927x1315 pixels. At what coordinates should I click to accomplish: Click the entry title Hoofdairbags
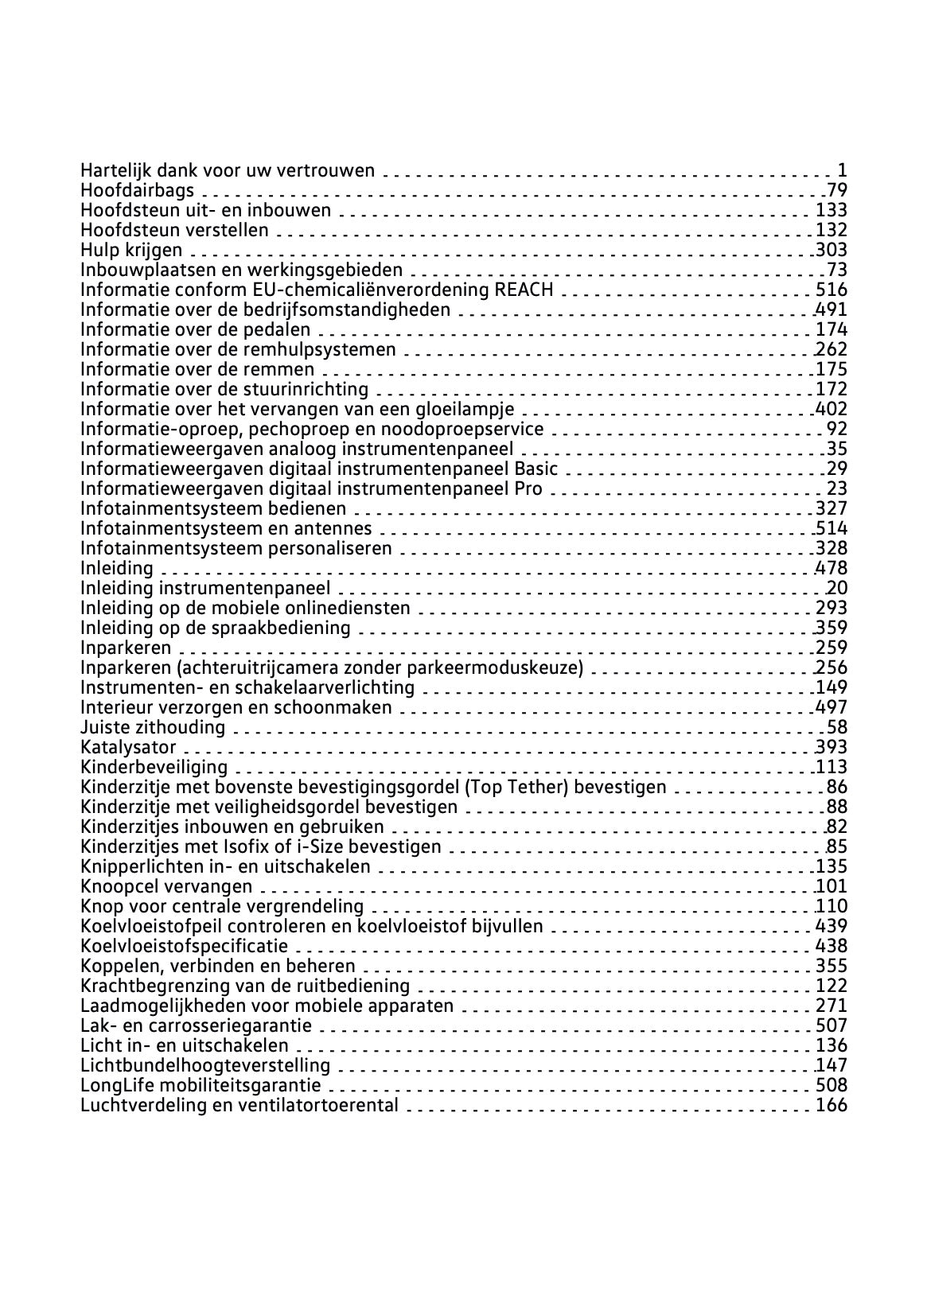[x=138, y=190]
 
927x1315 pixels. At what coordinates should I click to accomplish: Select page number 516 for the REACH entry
[x=832, y=290]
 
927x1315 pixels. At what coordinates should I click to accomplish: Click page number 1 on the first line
[x=842, y=170]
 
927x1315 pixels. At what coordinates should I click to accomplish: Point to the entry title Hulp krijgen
[x=131, y=250]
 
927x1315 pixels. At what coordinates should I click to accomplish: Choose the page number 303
[x=832, y=250]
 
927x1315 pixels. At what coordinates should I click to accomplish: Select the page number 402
[x=832, y=409]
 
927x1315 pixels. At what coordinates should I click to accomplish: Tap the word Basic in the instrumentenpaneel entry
[x=536, y=469]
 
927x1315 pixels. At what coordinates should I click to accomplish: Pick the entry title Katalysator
[x=128, y=747]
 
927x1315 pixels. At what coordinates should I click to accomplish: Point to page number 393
[x=832, y=747]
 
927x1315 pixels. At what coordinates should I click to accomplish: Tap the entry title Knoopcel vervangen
[x=166, y=886]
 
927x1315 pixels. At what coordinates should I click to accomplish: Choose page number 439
[x=832, y=926]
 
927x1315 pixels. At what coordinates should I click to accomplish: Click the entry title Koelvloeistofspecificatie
[x=185, y=946]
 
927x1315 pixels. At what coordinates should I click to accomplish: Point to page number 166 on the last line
[x=832, y=1105]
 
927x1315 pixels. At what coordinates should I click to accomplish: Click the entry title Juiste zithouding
[x=153, y=727]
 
